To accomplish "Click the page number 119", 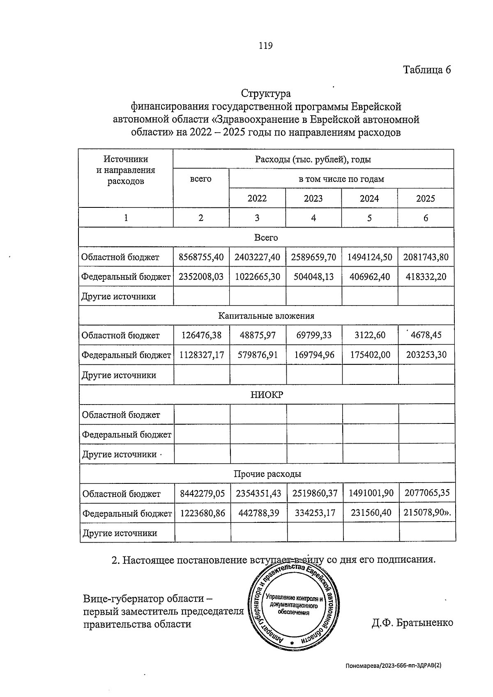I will (265, 46).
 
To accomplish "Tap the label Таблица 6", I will (427, 70).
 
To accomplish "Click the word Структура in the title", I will (266, 94).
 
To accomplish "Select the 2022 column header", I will (257, 198).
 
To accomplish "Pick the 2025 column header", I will (425, 198).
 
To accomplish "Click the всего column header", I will (200, 179).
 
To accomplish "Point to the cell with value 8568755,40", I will (201, 257).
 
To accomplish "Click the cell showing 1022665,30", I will (257, 277).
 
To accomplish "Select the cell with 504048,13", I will (313, 277).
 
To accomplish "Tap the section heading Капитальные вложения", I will (266, 316).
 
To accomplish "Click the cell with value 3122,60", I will (370, 335).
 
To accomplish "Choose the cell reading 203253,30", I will (426, 354).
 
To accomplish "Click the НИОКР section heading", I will (267, 395).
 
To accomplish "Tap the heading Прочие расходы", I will (267, 474).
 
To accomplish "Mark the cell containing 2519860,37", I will (315, 493).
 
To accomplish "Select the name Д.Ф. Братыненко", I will (412, 623).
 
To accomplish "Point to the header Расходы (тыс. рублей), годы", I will (313, 159).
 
